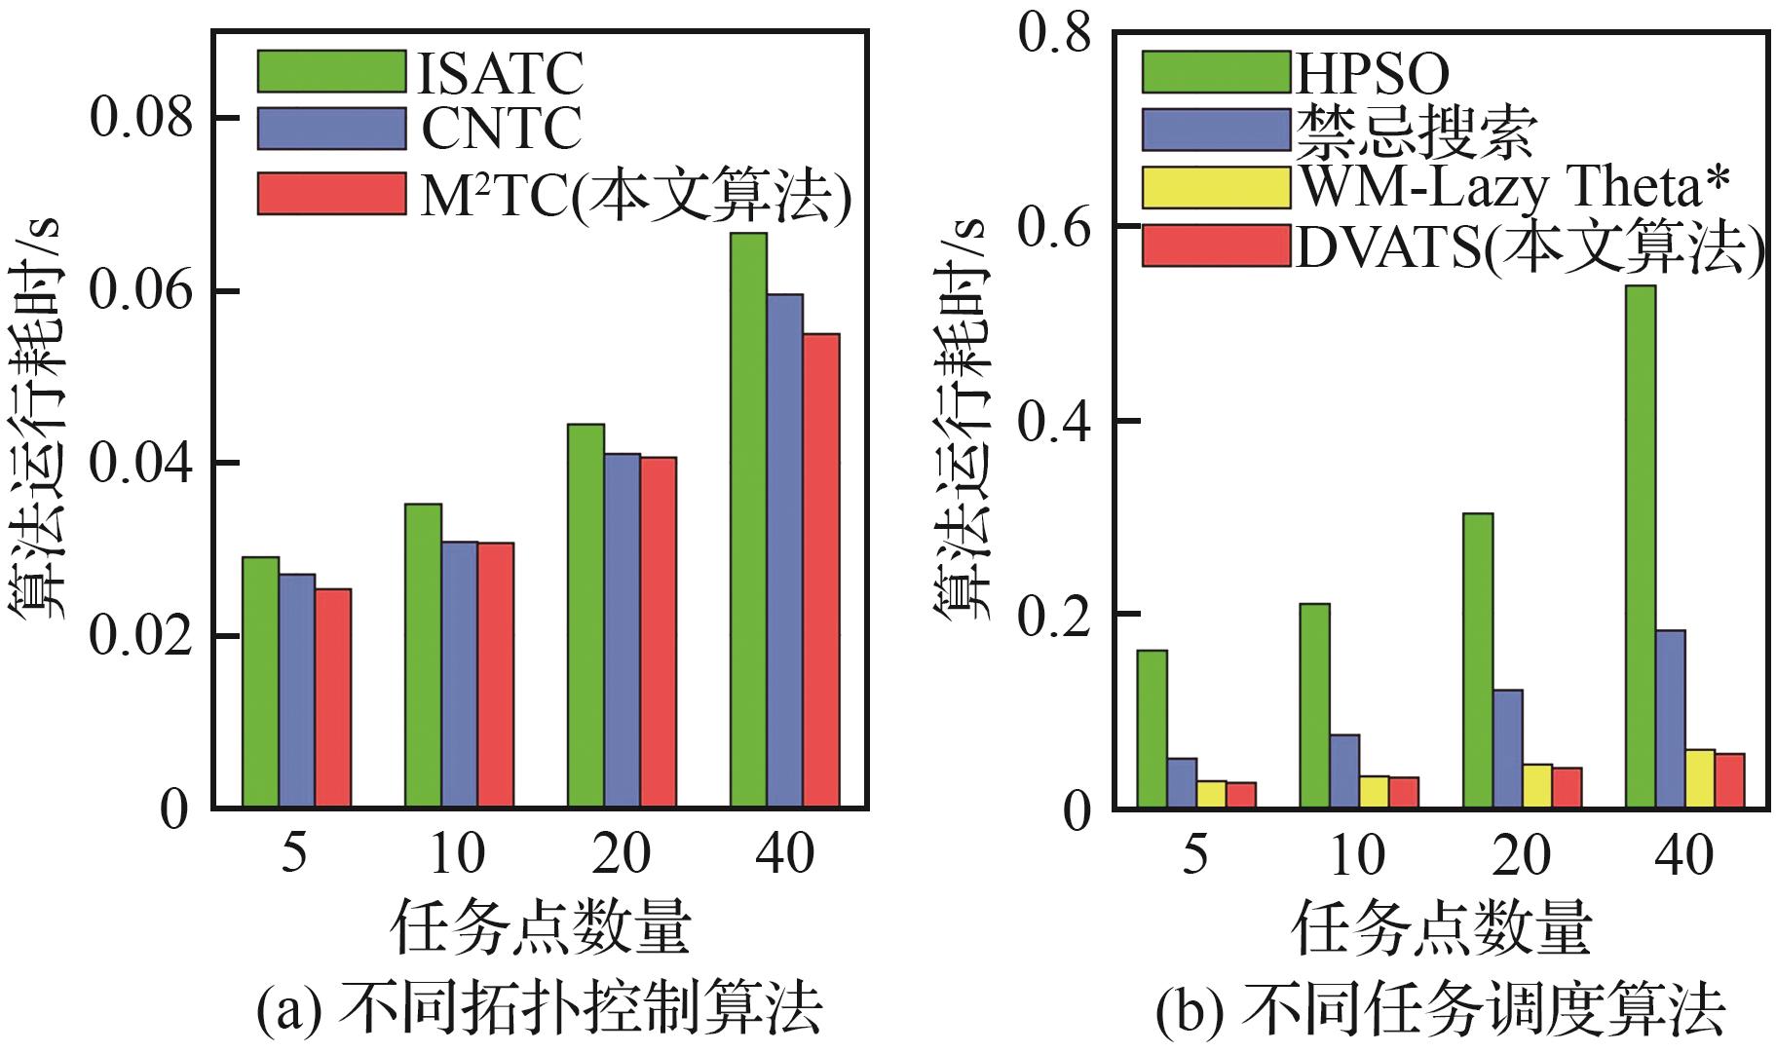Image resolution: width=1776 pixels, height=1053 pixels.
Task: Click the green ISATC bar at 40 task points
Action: tap(747, 520)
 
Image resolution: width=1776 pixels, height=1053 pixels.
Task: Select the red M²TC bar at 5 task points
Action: tap(332, 697)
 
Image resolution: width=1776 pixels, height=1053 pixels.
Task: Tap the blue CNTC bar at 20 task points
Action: tap(622, 630)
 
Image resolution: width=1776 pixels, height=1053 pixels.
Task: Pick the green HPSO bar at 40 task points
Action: tap(1641, 546)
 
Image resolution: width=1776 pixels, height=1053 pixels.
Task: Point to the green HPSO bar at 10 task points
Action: tap(1315, 705)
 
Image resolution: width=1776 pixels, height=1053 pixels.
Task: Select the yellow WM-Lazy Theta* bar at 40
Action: tap(1700, 778)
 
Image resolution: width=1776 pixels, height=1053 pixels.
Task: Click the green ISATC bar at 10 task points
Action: tap(423, 656)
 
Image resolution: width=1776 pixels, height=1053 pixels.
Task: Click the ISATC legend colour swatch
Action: tap(331, 71)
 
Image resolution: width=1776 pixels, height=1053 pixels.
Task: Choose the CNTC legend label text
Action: tap(502, 129)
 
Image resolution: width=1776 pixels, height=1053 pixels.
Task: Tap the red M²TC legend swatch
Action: tap(331, 193)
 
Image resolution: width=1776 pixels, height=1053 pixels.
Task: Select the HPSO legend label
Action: tap(1372, 72)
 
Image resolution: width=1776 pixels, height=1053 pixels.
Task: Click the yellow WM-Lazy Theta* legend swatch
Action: tap(1216, 187)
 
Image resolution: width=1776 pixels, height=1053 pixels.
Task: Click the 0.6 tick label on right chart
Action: tap(1051, 227)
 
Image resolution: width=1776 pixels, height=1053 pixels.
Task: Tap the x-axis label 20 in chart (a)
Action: tap(622, 855)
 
